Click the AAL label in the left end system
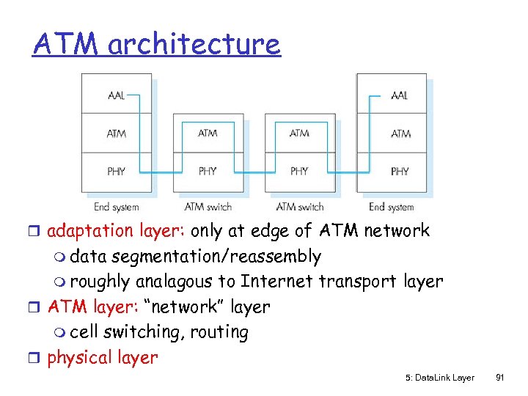[116, 95]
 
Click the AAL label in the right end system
[400, 95]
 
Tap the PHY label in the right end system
[400, 171]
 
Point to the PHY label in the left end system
[116, 171]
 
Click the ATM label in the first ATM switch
[208, 133]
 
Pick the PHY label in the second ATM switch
[299, 171]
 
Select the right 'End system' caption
[392, 207]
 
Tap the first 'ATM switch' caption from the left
[208, 207]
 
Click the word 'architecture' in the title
[194, 44]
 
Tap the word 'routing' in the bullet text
[219, 332]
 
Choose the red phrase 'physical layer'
[102, 358]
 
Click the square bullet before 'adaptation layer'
[37, 232]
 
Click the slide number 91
[499, 378]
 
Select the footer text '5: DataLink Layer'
[439, 378]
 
